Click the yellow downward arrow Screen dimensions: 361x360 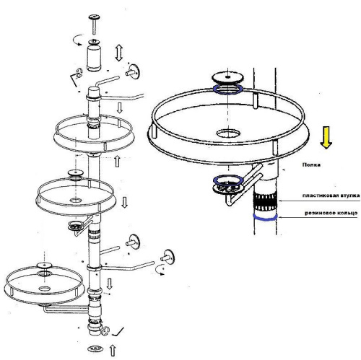click(x=326, y=138)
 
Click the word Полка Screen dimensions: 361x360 click(x=311, y=165)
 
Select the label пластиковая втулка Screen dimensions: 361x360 click(x=331, y=196)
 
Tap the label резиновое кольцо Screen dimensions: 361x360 click(x=331, y=213)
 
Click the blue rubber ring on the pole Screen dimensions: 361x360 click(x=265, y=219)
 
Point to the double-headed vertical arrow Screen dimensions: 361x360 click(x=119, y=53)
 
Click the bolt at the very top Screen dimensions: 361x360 click(x=94, y=24)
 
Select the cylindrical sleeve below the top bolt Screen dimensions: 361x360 click(x=94, y=56)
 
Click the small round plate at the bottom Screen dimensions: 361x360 click(x=95, y=348)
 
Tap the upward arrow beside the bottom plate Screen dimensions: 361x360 click(x=113, y=351)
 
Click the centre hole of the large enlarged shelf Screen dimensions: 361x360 click(x=228, y=133)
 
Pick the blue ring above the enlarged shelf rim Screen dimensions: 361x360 click(x=227, y=89)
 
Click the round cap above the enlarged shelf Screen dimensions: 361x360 click(x=227, y=78)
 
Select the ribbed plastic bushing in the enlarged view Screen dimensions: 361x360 click(x=265, y=202)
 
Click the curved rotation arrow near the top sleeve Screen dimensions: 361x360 click(x=79, y=40)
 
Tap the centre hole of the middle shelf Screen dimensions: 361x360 click(x=77, y=200)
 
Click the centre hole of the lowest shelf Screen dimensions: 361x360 click(x=44, y=288)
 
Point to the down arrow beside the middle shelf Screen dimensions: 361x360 click(x=124, y=202)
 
